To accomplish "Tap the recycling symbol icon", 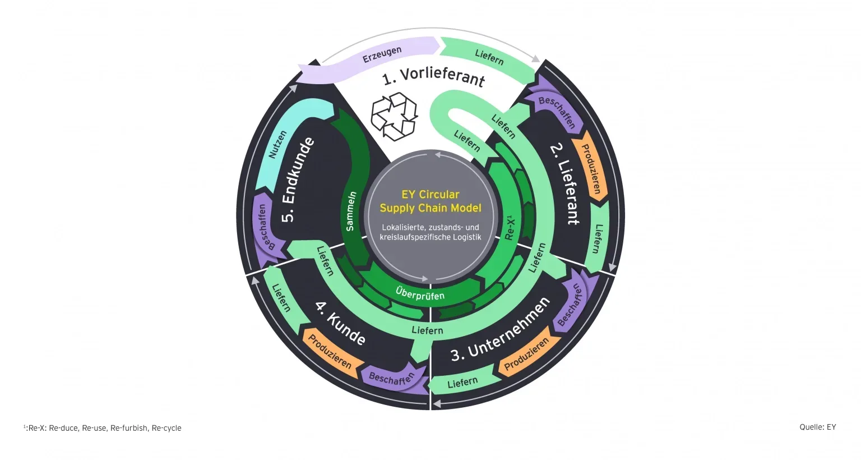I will [395, 116].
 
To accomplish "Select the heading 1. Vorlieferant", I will [433, 77].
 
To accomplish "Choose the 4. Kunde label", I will [340, 323].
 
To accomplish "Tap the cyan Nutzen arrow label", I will [278, 144].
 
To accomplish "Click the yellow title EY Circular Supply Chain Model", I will [430, 201].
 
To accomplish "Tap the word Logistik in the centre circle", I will [466, 237].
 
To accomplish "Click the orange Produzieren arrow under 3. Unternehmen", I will [527, 355].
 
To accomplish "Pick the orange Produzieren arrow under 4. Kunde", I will [330, 352].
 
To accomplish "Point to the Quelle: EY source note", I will [817, 427].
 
